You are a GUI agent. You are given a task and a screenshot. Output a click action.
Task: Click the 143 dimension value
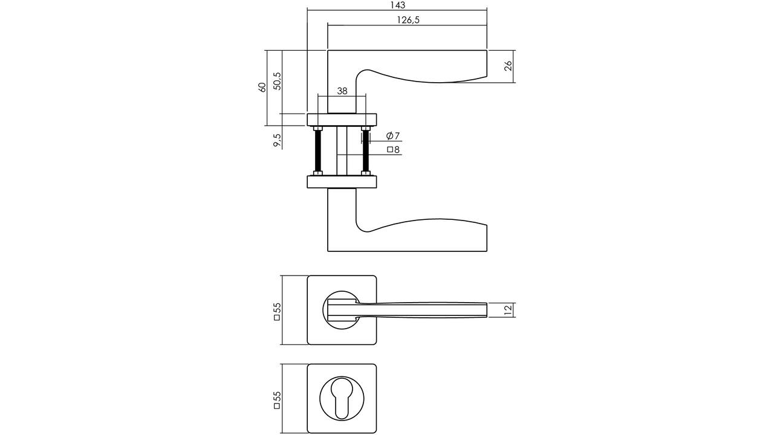(398, 5)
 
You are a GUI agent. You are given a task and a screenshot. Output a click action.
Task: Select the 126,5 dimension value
(408, 20)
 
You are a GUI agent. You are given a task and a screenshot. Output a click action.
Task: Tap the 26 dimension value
(508, 66)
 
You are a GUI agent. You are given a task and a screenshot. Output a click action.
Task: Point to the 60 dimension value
(262, 88)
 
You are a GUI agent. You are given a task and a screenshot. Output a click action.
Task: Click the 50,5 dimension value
(277, 81)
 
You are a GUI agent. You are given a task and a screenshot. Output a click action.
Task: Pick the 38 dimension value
(342, 91)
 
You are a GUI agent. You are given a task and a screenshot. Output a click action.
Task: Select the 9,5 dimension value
(278, 140)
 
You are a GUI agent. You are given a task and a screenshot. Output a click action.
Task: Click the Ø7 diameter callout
(393, 136)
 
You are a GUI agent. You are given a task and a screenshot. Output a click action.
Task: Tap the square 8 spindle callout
(393, 149)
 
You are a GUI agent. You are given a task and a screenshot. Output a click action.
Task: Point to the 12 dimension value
(508, 310)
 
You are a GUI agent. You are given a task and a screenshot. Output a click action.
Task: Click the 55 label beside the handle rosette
(278, 311)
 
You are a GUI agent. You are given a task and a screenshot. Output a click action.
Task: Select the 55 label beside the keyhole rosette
(278, 400)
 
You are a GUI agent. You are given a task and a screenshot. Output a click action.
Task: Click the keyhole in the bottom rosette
(342, 399)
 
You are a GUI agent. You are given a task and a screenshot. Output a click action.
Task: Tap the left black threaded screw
(318, 151)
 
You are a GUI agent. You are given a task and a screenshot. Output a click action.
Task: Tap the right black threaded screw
(366, 151)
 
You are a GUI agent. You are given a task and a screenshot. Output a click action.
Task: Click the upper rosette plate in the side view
(342, 120)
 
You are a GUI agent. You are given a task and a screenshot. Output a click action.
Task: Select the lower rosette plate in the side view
(342, 182)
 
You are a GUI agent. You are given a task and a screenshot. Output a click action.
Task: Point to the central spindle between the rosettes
(342, 151)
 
